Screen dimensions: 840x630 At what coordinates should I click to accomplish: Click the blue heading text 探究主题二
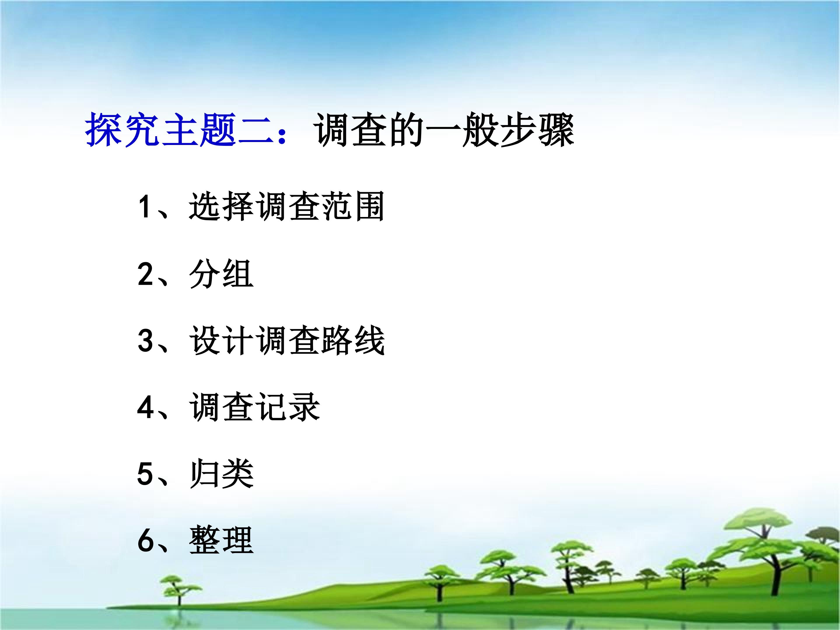coord(180,130)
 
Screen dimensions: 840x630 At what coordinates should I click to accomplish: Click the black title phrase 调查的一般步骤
coord(444,130)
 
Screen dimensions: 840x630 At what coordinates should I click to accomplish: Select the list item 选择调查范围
coord(287,207)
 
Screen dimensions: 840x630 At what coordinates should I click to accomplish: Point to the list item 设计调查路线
coord(287,340)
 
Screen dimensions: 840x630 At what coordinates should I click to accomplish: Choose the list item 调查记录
coord(254,407)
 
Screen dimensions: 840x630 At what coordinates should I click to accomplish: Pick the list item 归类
coord(221,474)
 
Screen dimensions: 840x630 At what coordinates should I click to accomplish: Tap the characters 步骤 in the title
coord(537,130)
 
